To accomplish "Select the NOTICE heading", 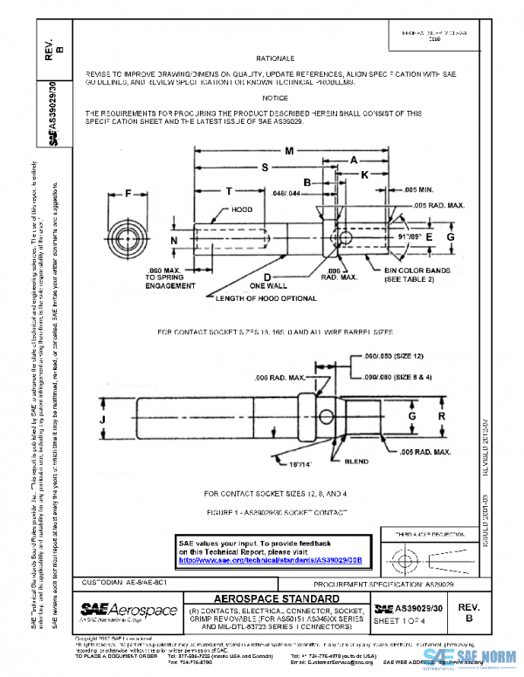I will pos(274,99).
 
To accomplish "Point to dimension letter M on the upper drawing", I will pos(288,151).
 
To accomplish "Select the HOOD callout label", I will pos(242,210).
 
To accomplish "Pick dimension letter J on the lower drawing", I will pos(103,419).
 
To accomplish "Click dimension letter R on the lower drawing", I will pos(442,417).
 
